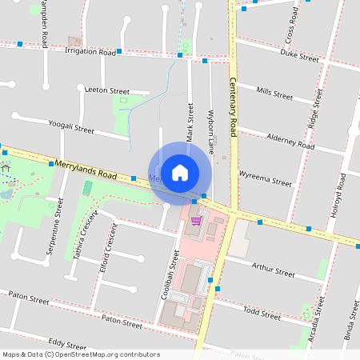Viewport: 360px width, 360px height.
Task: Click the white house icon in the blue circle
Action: pyautogui.click(x=180, y=172)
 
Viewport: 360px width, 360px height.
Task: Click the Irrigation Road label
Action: pyautogui.click(x=90, y=50)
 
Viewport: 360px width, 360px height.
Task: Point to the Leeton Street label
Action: pyautogui.click(x=106, y=91)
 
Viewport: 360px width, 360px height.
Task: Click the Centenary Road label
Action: pyautogui.click(x=234, y=102)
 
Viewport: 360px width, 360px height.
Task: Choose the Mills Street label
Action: pyautogui.click(x=274, y=93)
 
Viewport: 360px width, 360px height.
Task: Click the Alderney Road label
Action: pyautogui.click(x=290, y=142)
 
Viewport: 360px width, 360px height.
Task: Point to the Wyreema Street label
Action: pyautogui.click(x=266, y=177)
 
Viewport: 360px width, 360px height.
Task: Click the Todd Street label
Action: pyautogui.click(x=261, y=312)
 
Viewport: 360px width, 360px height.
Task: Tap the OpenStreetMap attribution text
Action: pyautogui.click(x=81, y=354)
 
